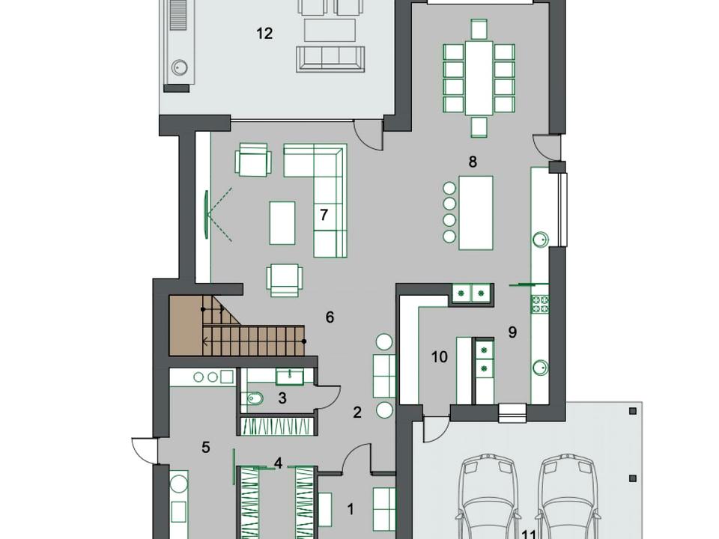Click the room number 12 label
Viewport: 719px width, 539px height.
[x=264, y=34]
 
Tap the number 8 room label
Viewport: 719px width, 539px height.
[x=473, y=162]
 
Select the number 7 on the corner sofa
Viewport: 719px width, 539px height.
[x=324, y=215]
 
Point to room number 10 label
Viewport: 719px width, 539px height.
[x=440, y=356]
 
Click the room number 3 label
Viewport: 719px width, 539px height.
[x=282, y=398]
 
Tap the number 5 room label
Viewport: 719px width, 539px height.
[x=206, y=447]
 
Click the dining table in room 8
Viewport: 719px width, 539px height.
[x=479, y=78]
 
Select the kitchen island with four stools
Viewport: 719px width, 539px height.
[x=476, y=213]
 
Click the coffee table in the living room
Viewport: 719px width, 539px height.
[x=282, y=223]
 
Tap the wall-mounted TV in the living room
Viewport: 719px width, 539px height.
[x=207, y=214]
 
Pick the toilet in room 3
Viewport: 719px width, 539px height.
[x=255, y=399]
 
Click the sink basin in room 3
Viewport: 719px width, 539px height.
[x=289, y=377]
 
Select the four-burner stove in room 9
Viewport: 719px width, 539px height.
[x=540, y=305]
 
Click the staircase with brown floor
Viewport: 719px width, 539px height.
[x=237, y=326]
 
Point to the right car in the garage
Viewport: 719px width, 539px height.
[x=567, y=496]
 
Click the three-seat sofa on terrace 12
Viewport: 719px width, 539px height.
[x=330, y=58]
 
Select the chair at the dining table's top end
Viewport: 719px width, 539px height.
[x=479, y=29]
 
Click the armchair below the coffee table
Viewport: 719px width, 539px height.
[x=285, y=280]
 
